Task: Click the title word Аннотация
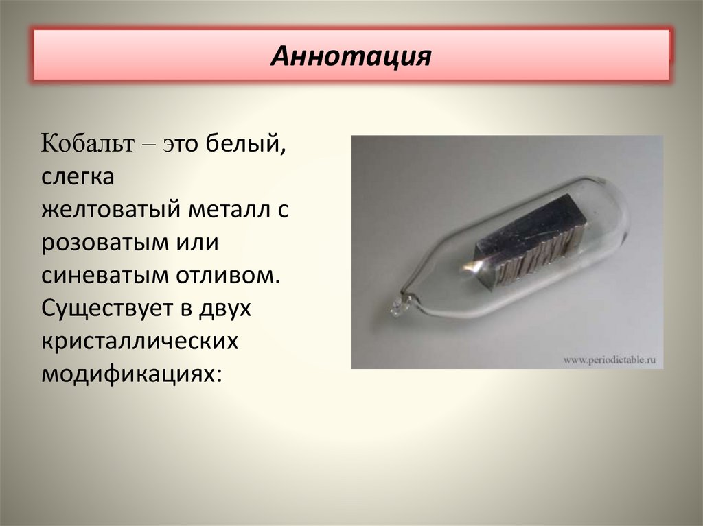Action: click(350, 56)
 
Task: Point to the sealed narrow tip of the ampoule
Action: click(399, 306)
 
